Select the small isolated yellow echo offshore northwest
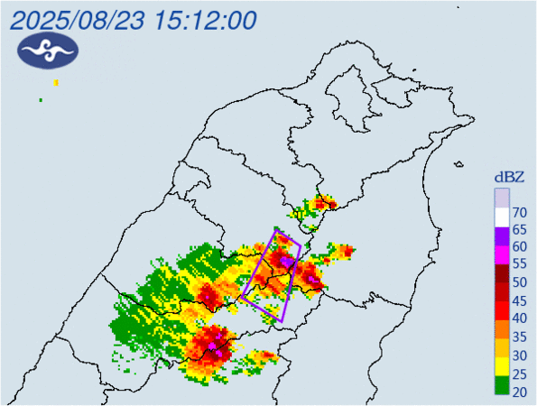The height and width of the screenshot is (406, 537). [x=56, y=83]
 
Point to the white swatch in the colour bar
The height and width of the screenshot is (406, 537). [x=501, y=214]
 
